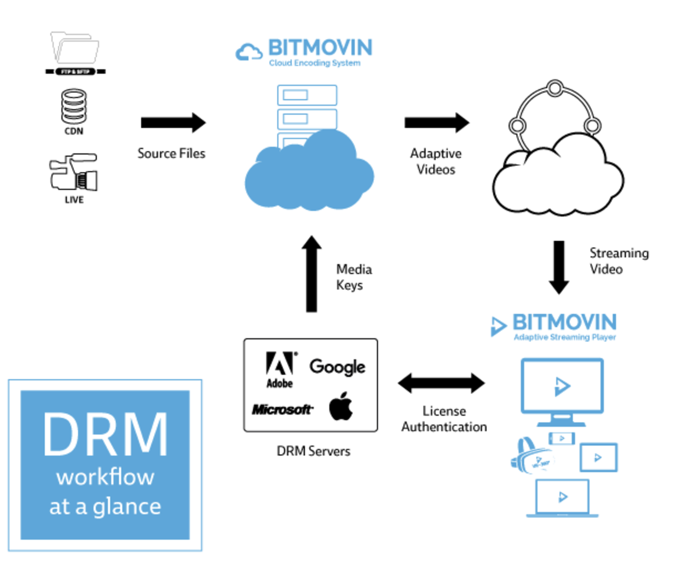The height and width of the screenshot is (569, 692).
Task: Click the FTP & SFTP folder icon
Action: pos(75,49)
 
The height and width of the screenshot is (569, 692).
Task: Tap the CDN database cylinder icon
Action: pos(74,106)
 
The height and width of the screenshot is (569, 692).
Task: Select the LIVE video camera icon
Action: pos(74,172)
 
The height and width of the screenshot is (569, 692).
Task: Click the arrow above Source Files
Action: pos(173,122)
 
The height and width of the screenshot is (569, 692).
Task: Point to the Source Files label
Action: pos(171,153)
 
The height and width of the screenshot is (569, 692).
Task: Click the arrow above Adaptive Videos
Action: pos(437,122)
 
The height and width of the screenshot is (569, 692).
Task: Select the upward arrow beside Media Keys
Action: pos(312,274)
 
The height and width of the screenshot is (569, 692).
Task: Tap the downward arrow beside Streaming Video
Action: pos(559,267)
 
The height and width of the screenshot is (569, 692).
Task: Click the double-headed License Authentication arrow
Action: pos(441,383)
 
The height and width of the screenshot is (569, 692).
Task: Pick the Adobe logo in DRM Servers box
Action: pos(280,368)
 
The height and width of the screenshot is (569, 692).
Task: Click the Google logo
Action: pos(337,367)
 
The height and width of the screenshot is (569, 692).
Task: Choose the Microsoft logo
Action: pos(282,410)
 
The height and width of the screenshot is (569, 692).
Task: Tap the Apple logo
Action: pos(341,406)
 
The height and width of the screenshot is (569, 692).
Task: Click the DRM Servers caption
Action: pos(313,451)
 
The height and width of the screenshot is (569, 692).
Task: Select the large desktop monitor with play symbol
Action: pos(562,387)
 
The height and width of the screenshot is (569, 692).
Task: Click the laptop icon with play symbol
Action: pos(562,497)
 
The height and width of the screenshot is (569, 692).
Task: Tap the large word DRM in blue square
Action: pos(106,435)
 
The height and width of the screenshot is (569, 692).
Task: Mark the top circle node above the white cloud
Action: pos(555,88)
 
